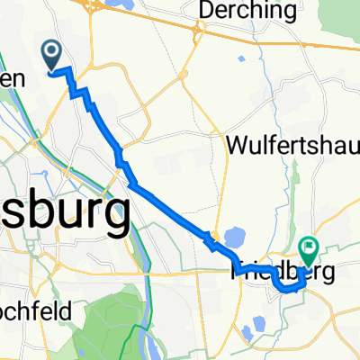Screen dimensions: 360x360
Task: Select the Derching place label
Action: point(250,11)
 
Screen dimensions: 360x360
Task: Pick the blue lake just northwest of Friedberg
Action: point(233,238)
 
